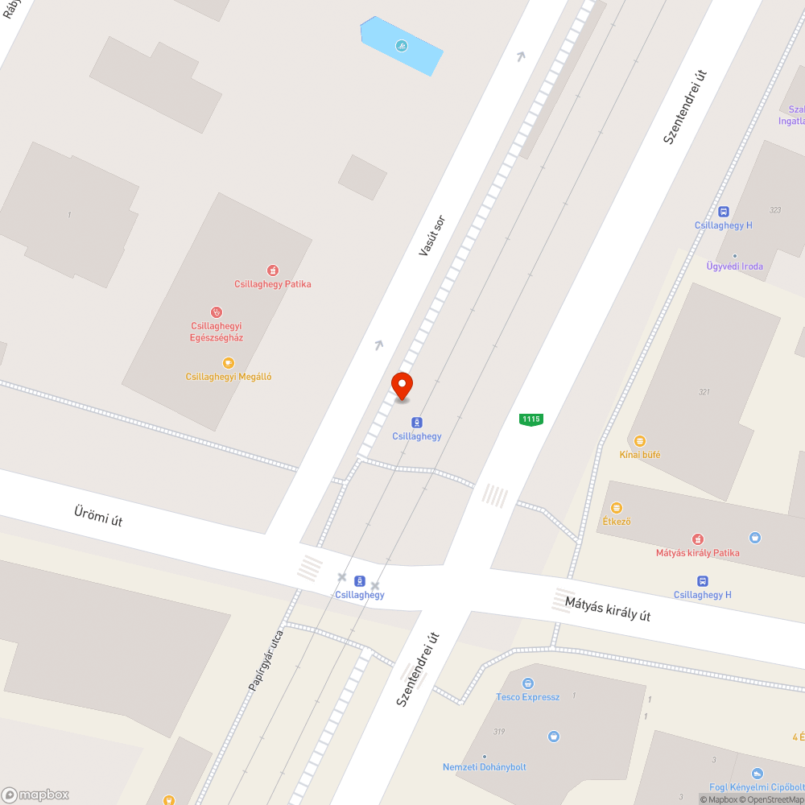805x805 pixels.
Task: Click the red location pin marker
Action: click(x=401, y=386)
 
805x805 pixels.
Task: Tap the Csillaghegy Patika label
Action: click(x=272, y=284)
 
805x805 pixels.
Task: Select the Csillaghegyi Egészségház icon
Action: click(x=216, y=312)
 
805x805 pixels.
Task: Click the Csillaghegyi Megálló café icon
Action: click(x=229, y=363)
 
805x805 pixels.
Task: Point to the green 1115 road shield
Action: click(x=530, y=419)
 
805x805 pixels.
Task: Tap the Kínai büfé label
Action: click(x=640, y=455)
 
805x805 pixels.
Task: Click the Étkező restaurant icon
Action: click(x=617, y=508)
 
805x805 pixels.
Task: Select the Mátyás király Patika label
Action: click(x=697, y=553)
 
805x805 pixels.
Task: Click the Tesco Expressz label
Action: click(x=527, y=697)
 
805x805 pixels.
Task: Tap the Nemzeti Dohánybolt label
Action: click(x=485, y=767)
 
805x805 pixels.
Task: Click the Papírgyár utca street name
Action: click(x=266, y=660)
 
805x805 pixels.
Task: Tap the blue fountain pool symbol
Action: click(x=401, y=46)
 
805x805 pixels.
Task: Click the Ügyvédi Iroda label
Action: click(x=734, y=266)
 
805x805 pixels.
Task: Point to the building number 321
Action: click(x=705, y=392)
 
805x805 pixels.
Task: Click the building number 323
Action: click(x=775, y=210)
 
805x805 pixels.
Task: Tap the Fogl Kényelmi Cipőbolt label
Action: click(x=757, y=787)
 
